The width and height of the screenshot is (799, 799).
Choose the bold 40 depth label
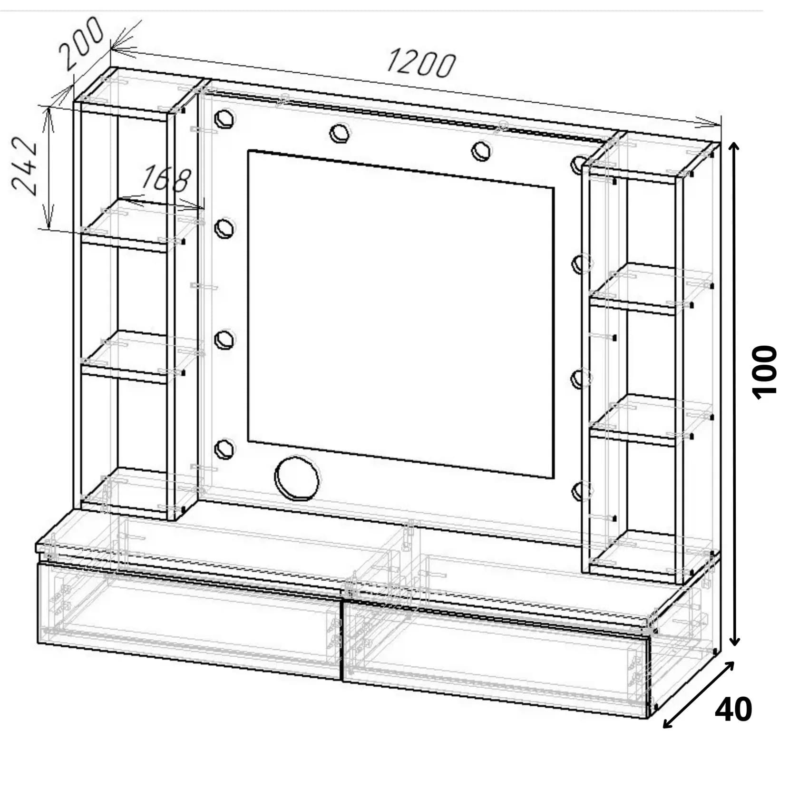[x=733, y=710]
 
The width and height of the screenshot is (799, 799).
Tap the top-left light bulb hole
[x=224, y=118]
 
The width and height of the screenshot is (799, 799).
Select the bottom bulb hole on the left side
[x=224, y=448]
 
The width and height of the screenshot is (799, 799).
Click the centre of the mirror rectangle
[x=401, y=314]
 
